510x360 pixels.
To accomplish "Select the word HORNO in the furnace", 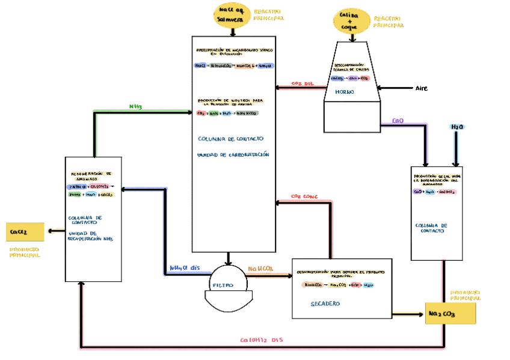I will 345,92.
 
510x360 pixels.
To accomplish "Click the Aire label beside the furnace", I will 421,88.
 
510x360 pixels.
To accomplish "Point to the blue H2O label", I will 457,127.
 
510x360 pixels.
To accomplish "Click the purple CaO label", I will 398,121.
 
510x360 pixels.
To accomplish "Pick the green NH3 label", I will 135,106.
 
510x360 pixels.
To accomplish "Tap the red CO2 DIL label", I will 303,84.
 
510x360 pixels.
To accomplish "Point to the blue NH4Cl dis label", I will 184,268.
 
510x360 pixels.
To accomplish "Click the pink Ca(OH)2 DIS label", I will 261,340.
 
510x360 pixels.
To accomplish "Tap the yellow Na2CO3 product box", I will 450,314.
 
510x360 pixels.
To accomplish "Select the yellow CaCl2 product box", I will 25,231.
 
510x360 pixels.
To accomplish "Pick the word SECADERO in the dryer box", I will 325,304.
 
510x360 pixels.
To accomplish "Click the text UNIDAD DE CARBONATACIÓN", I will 233,154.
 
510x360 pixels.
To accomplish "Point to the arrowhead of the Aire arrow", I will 380,88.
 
